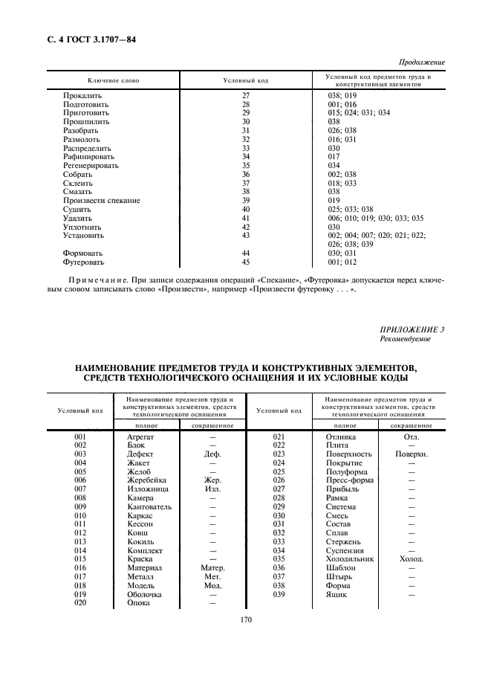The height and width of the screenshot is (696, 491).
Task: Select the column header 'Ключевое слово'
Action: [113, 80]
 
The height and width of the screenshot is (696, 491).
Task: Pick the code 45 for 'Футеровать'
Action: [247, 262]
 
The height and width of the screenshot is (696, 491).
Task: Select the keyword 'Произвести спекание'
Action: [101, 201]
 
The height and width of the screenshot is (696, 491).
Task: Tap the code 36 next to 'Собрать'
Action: [247, 175]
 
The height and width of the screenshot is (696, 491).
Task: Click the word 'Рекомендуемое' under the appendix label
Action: [404, 339]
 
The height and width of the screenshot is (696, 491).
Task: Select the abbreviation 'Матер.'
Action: [212, 567]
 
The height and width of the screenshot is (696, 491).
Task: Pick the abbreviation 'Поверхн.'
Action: [411, 454]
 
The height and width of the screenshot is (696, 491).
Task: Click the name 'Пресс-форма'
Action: [350, 480]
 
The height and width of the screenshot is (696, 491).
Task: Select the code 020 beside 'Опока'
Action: [81, 602]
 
